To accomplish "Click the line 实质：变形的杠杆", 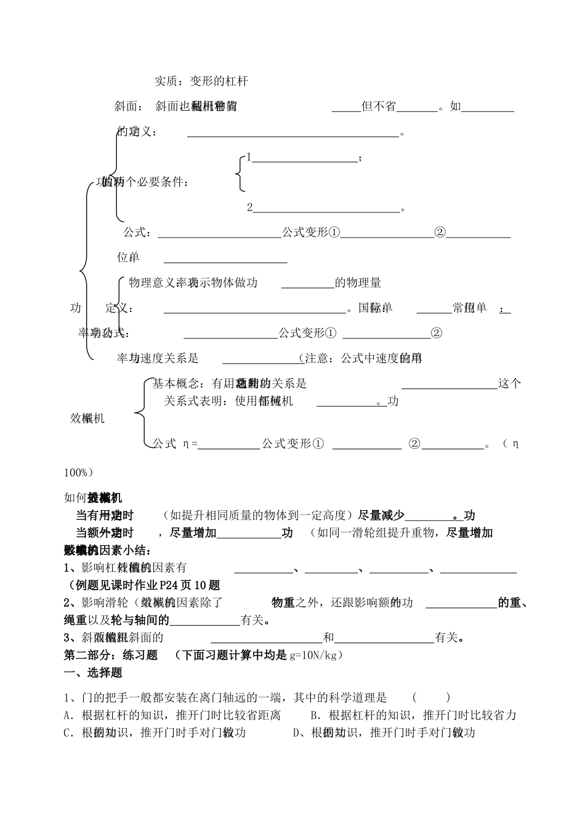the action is tap(201, 81).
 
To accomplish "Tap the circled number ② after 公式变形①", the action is tap(440, 233).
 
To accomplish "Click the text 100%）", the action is tap(79, 473).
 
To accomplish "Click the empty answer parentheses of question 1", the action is tap(431, 697).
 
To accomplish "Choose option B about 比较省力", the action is tap(413, 715).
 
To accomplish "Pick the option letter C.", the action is tap(68, 733).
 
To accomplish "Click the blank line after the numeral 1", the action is tap(305, 160).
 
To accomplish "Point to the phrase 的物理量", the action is tap(358, 283).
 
